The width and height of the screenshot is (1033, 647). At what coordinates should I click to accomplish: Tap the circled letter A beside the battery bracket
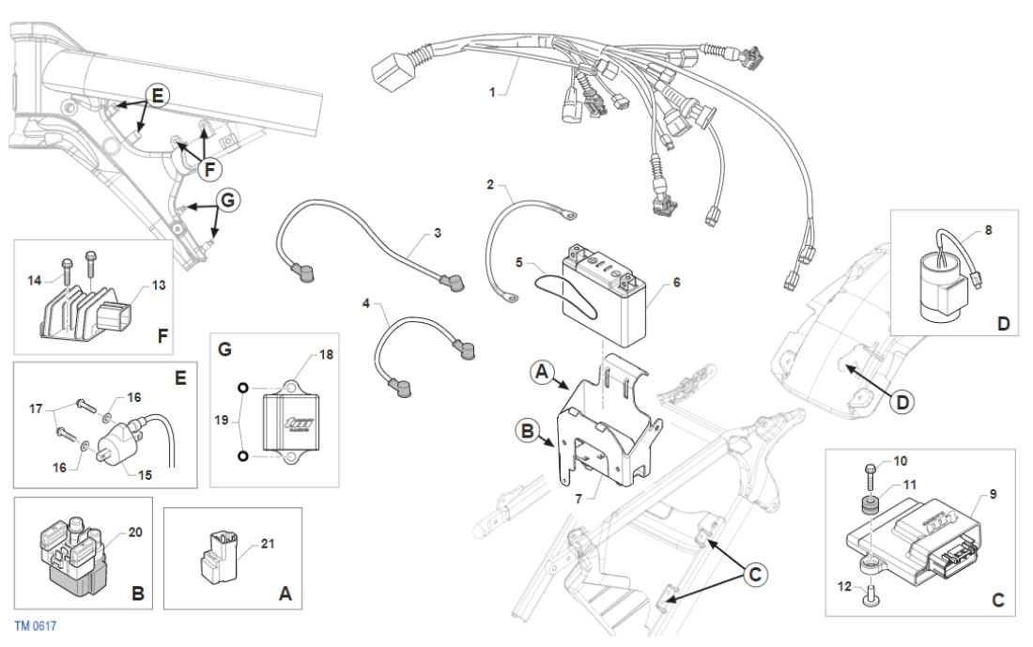[x=543, y=373]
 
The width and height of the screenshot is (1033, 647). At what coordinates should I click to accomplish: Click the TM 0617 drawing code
[x=34, y=624]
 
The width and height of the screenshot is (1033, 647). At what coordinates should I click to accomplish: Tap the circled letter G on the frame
[x=226, y=200]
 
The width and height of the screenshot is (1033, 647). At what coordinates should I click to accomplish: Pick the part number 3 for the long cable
[x=437, y=231]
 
